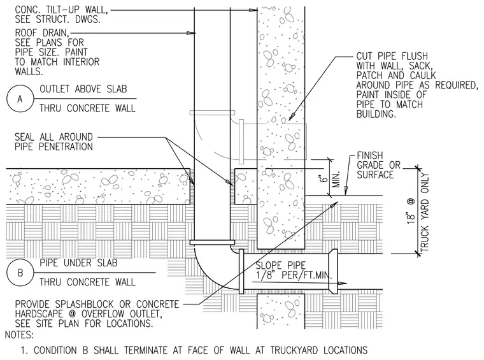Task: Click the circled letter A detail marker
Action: pos(20,99)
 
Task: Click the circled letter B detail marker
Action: pos(20,273)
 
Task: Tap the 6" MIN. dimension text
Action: pos(331,178)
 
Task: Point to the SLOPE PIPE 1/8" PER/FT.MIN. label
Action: pos(293,270)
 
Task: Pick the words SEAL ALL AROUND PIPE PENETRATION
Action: pos(53,141)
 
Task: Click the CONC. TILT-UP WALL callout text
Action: pos(61,15)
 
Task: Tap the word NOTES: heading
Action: pos(19,335)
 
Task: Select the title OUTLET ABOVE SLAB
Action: pos(83,89)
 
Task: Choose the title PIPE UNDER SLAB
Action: pos(79,263)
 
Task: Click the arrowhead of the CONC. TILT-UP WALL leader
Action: pos(253,10)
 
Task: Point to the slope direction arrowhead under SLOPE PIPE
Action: pos(343,283)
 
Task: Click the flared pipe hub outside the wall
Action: pos(333,271)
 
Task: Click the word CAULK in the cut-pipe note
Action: pos(423,75)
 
